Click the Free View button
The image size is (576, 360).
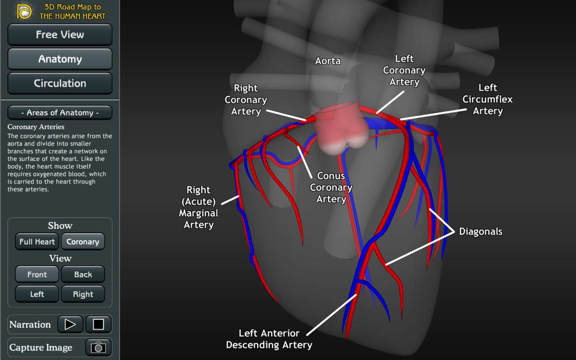[x=60, y=35]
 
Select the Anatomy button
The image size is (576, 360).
[x=60, y=59]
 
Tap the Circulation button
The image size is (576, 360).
[x=60, y=83]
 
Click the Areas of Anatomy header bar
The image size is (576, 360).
[x=60, y=112]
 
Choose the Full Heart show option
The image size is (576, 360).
[x=37, y=241]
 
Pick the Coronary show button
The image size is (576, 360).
[x=83, y=241]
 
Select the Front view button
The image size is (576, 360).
[x=37, y=274]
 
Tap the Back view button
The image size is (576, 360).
[x=83, y=274]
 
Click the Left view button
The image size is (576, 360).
[x=37, y=294]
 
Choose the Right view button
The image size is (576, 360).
[x=83, y=294]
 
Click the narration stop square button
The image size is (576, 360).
[x=99, y=324]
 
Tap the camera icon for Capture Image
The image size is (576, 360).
[x=99, y=348]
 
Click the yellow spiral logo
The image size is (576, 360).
[x=24, y=12]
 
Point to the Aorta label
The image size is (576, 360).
[x=328, y=61]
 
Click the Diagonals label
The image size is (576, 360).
[x=480, y=232]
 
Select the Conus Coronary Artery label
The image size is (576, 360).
[x=331, y=188]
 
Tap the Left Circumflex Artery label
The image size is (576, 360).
[x=488, y=99]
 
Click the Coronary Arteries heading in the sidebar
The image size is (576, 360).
[x=36, y=127]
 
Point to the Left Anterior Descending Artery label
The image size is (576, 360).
[x=269, y=339]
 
